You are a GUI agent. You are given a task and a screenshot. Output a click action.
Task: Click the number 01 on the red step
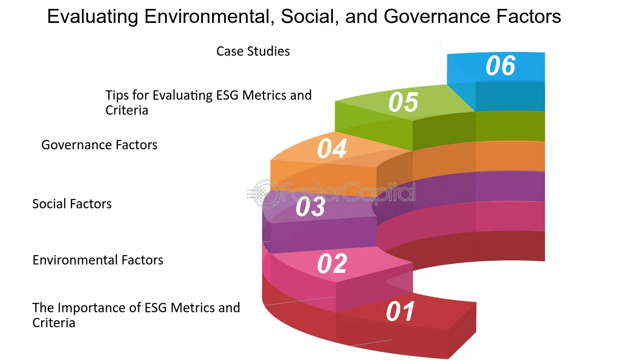(400, 312)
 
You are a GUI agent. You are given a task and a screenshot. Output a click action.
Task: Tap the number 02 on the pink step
(332, 264)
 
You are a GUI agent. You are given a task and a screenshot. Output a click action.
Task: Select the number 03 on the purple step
(310, 207)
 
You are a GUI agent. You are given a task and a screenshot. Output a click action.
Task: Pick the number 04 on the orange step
(332, 149)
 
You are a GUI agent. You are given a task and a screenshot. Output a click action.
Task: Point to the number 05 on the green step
(403, 103)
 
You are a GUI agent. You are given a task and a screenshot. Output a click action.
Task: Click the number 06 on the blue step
(500, 66)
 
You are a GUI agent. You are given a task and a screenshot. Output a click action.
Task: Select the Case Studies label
(253, 51)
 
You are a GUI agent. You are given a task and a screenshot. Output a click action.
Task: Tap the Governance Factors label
(99, 145)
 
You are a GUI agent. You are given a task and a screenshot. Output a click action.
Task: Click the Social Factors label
(72, 204)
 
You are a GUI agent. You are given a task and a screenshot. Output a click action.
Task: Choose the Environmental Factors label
(98, 260)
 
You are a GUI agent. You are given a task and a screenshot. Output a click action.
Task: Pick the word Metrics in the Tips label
(263, 95)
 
